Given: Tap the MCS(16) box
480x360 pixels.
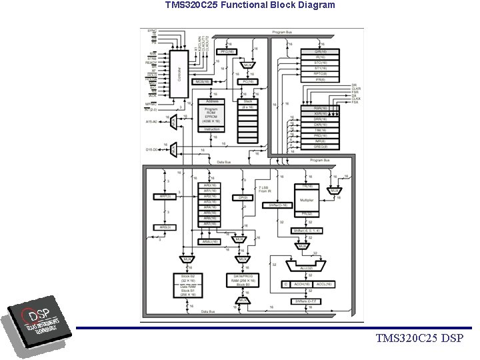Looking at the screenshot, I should point(203,81).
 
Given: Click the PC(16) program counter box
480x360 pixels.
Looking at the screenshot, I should point(249,81).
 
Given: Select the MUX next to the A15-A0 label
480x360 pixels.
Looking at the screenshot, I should point(173,122).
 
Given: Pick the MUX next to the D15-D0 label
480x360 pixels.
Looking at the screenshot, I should point(173,149).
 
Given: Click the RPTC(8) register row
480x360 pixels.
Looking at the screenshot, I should point(320,73).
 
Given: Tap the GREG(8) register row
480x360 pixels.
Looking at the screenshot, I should point(320,147).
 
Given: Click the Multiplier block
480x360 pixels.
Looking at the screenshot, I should point(307,199).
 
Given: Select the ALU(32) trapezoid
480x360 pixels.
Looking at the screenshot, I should point(303,267).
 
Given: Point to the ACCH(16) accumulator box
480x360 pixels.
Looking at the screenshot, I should point(301,284).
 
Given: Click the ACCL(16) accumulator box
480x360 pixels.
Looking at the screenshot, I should point(325,284).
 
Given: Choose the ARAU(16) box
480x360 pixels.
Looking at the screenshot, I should point(210,242).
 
